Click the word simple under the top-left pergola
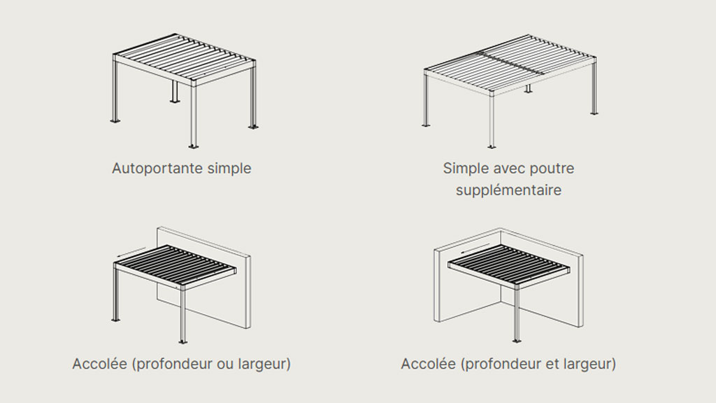coord(229,169)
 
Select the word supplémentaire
coord(508,190)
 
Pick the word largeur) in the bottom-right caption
coord(589,364)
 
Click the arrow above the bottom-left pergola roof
coord(131,252)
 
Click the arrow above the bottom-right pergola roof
coord(475,248)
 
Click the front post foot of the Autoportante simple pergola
coord(194,146)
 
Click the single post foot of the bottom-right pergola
coord(517,341)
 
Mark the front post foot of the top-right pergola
coord(492,146)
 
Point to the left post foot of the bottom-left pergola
coord(116,319)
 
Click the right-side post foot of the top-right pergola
coord(594,113)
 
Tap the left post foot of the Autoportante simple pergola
coord(115,120)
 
